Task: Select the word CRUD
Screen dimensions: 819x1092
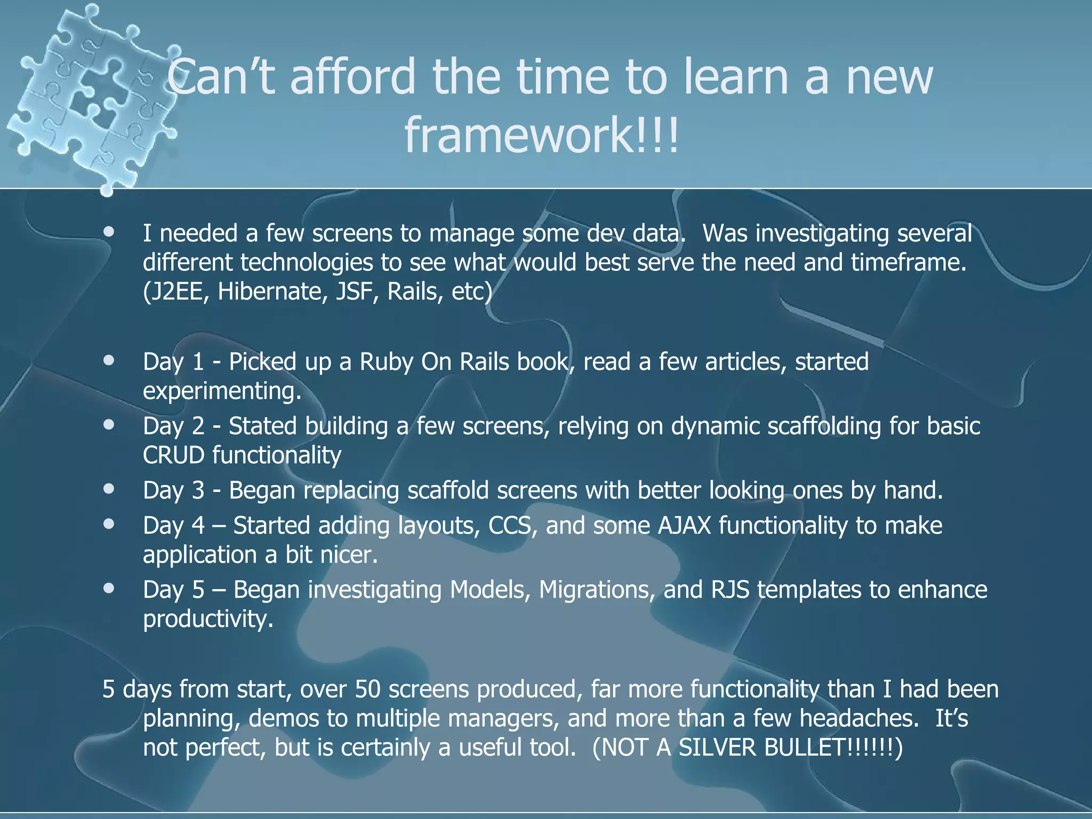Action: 173,455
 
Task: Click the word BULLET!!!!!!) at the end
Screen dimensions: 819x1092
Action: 833,748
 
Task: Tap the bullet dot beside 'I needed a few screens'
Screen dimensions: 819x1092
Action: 109,232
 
